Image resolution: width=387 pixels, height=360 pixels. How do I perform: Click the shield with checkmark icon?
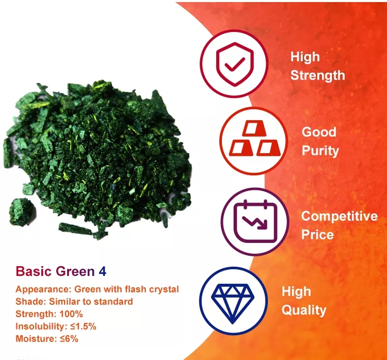[235, 64]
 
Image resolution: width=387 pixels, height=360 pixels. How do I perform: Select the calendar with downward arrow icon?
[255, 221]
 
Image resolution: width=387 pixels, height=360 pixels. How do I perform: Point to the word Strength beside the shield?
[317, 75]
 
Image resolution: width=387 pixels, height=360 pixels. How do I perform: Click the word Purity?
[320, 151]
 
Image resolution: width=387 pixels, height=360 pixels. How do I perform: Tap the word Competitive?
[340, 216]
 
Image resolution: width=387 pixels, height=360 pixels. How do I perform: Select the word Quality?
[304, 310]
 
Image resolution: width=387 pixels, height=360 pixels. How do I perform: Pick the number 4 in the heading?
[103, 271]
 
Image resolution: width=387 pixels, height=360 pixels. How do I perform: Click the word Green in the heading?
[75, 271]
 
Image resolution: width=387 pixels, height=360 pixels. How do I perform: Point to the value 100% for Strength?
[71, 314]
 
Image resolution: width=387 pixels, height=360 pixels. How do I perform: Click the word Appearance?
[43, 289]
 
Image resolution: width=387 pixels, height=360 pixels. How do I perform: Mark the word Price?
[317, 235]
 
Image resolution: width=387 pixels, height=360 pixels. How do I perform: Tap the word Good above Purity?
[319, 132]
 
